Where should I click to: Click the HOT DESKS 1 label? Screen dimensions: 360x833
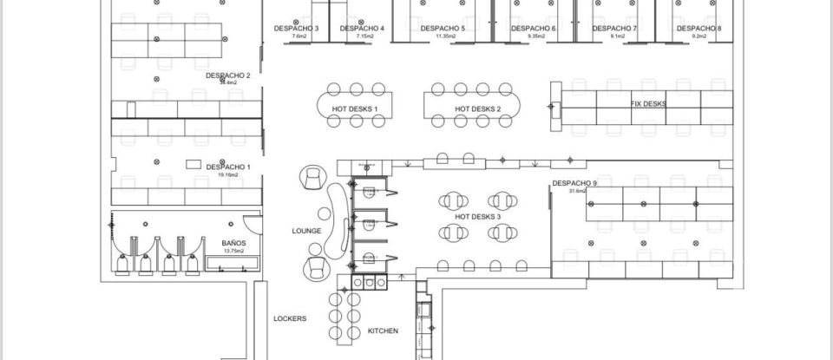(x=356, y=108)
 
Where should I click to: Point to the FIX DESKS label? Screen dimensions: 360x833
(x=648, y=103)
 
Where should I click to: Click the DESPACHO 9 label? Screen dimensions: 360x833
(x=574, y=183)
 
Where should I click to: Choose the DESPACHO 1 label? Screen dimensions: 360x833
(x=228, y=167)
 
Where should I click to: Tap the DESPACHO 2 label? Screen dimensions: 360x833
(x=228, y=75)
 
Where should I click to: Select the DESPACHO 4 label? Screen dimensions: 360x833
(x=363, y=29)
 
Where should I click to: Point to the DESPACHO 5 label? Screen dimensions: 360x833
(x=443, y=29)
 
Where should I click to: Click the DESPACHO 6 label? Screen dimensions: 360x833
(x=534, y=29)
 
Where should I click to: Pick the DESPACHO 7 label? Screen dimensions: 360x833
(x=615, y=29)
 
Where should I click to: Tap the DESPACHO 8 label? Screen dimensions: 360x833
(x=699, y=29)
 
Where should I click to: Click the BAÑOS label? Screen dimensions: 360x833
(x=233, y=243)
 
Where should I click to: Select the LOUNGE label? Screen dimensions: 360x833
(x=307, y=231)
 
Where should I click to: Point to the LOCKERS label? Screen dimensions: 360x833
(x=290, y=318)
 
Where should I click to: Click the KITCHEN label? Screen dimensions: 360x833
(x=383, y=331)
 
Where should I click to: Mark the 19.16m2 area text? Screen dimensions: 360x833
(x=229, y=174)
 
